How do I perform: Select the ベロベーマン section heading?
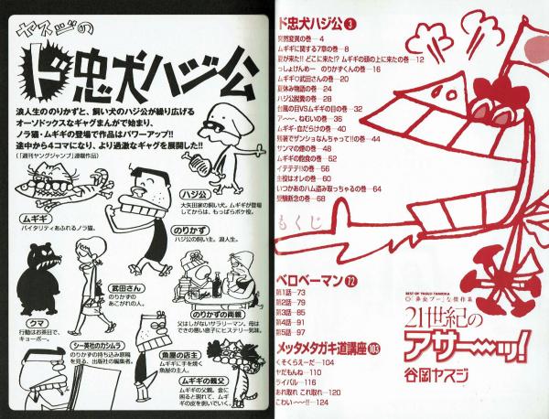pyautogui.click(x=307, y=279)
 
